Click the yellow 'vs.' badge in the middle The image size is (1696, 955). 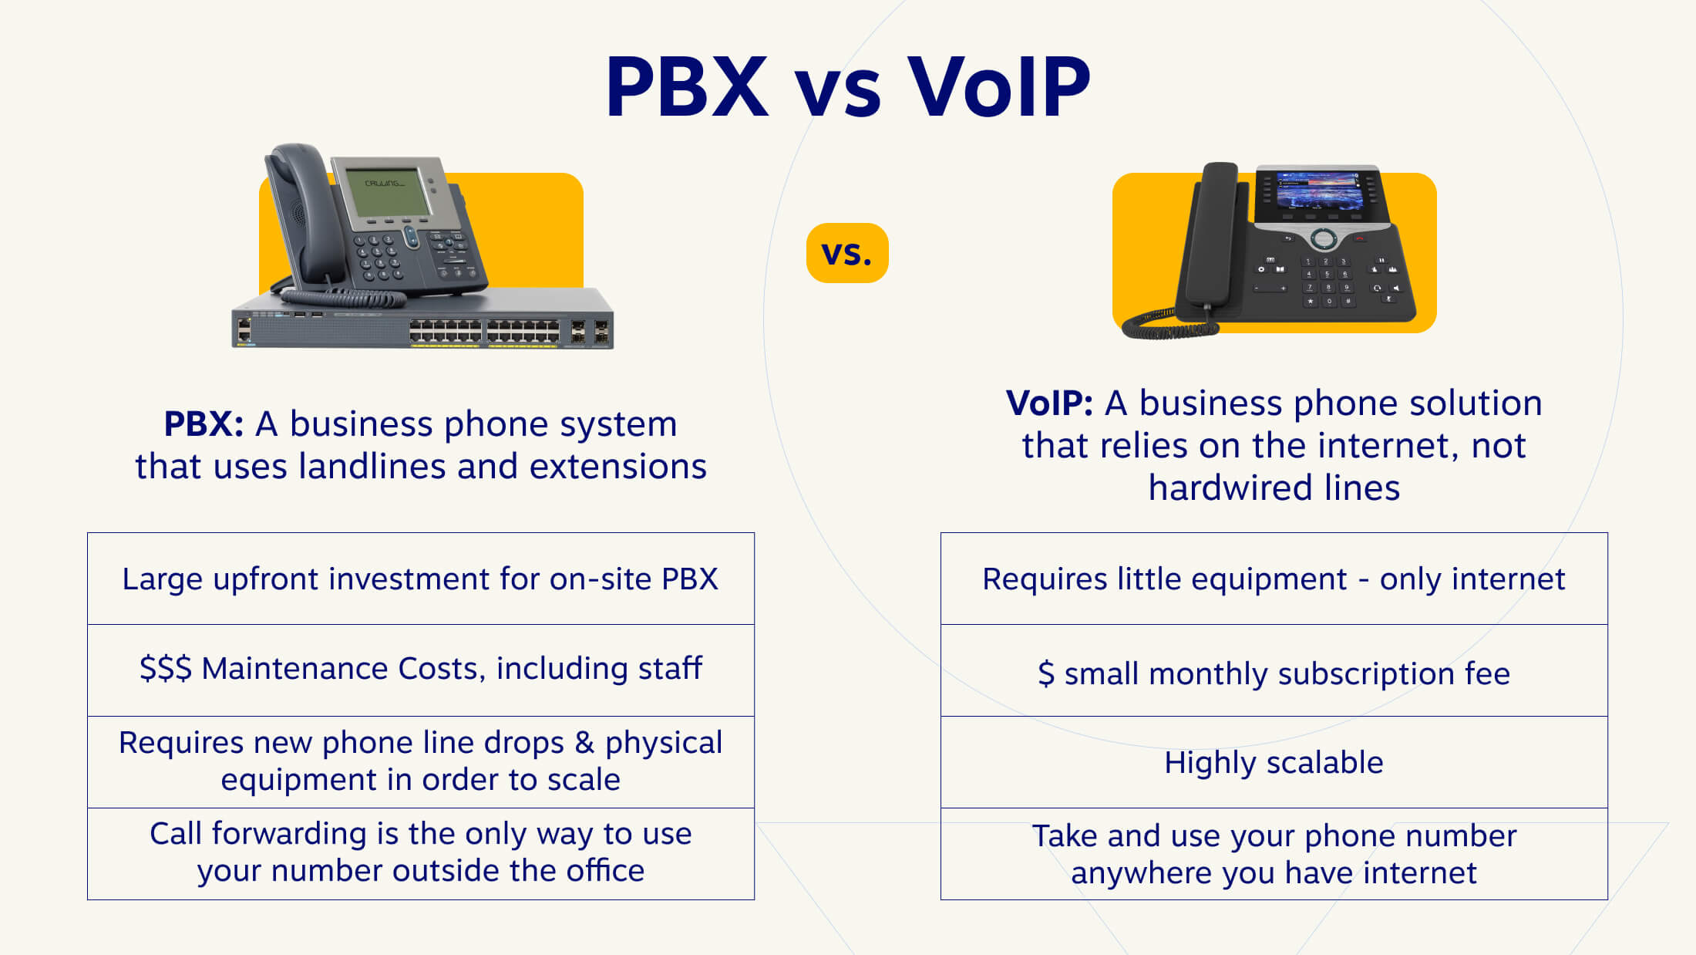coord(847,253)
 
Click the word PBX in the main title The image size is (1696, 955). coord(687,86)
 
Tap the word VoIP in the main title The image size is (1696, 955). coord(998,86)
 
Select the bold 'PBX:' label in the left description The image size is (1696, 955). coord(204,424)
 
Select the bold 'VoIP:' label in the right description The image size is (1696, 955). coord(1049,403)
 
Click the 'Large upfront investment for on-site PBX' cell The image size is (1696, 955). coord(421,579)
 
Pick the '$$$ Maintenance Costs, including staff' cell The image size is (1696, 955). coord(421,669)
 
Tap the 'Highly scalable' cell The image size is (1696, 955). coord(1274,762)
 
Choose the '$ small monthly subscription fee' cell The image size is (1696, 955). coord(1274,673)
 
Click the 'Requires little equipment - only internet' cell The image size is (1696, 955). coord(1274,579)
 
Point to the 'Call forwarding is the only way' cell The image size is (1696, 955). coord(421,852)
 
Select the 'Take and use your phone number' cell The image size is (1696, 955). coord(1274,854)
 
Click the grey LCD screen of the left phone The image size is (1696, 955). coord(387,191)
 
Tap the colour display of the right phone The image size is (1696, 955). coord(1317,191)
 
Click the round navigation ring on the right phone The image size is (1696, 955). coord(1324,238)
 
